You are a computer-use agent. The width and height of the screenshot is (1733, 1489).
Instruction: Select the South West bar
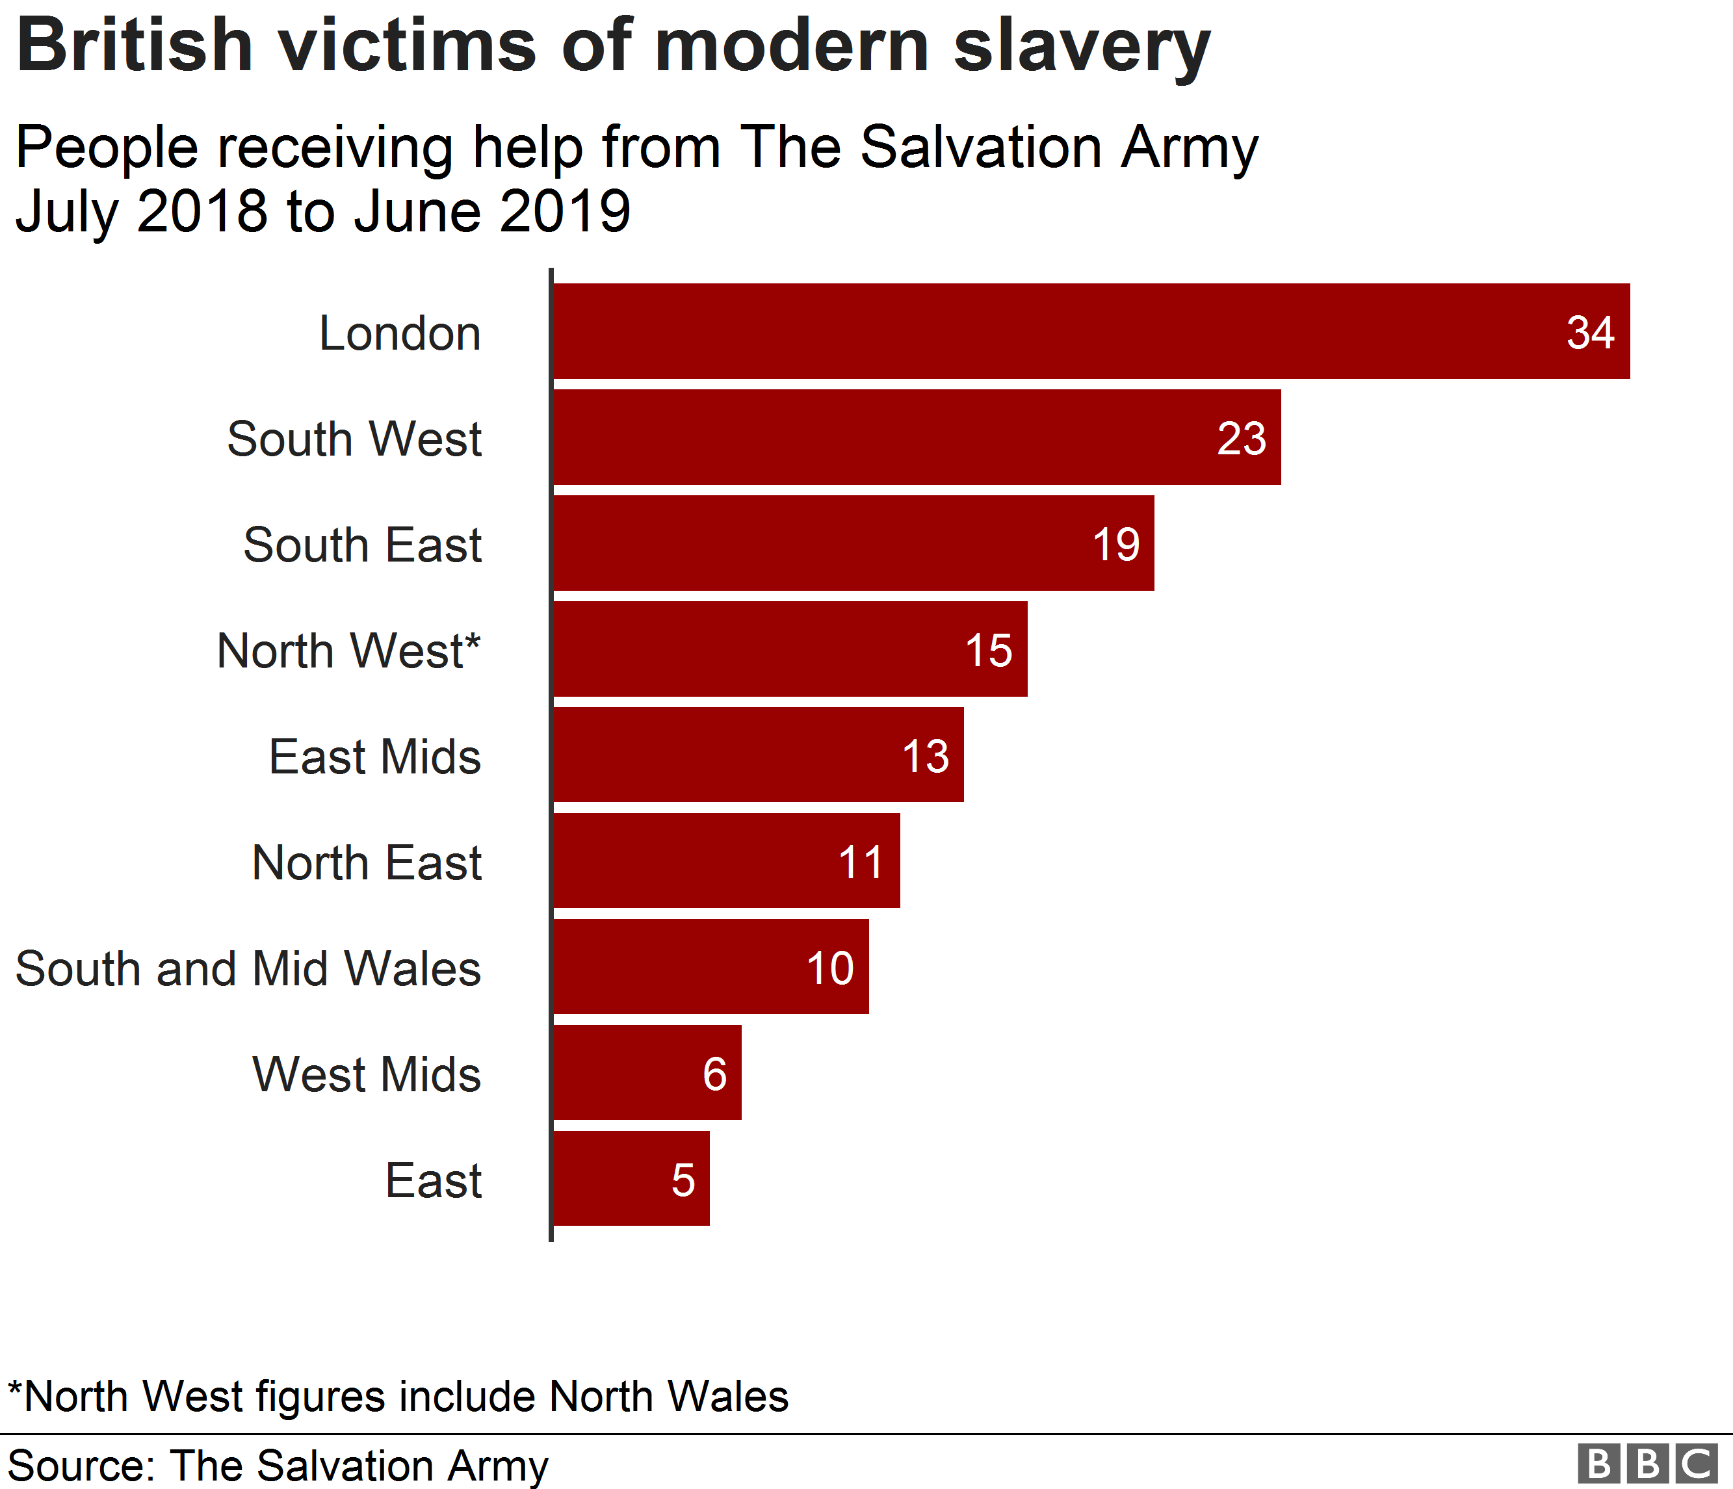click(917, 437)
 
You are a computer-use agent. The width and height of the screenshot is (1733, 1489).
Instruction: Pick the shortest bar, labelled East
click(631, 1179)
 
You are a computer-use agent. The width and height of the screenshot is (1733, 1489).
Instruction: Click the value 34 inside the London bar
click(1590, 333)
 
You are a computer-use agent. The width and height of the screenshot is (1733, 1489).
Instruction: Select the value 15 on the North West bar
click(989, 651)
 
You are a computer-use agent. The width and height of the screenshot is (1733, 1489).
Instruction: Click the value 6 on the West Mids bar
click(714, 1074)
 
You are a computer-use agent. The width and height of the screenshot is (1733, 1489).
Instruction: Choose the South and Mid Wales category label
click(248, 969)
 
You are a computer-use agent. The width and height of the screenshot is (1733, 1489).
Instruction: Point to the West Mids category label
click(367, 1074)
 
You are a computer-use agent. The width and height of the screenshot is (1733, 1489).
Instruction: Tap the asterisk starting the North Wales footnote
click(15, 1391)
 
